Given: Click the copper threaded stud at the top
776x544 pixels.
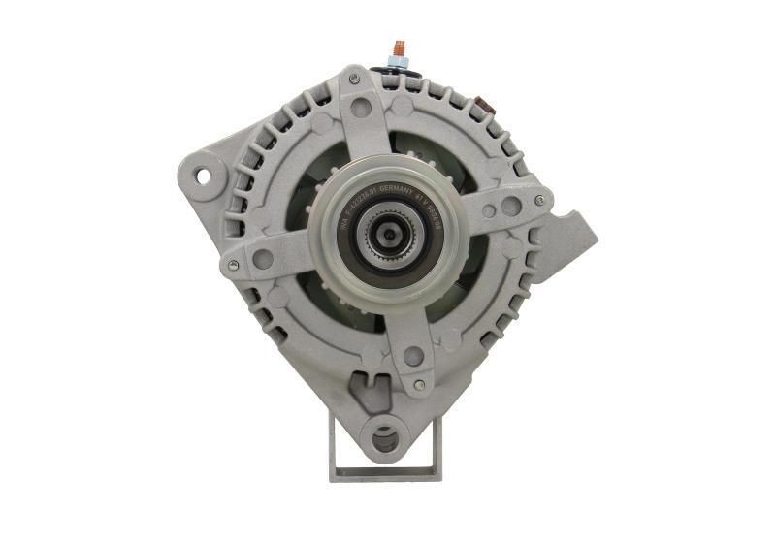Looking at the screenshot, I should [397, 48].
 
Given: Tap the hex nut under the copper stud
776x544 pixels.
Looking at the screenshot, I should [397, 64].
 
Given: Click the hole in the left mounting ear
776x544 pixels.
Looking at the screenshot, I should [203, 176].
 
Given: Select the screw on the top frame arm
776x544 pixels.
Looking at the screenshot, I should [354, 78].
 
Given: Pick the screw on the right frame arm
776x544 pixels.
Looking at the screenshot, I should [539, 201].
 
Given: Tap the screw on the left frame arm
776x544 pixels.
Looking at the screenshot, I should [233, 264].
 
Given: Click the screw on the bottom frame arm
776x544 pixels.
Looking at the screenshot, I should [419, 385].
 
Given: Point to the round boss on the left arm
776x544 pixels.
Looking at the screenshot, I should [262, 259].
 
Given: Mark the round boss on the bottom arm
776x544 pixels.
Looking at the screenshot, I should [413, 356].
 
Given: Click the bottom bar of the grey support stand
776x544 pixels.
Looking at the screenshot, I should [385, 474].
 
